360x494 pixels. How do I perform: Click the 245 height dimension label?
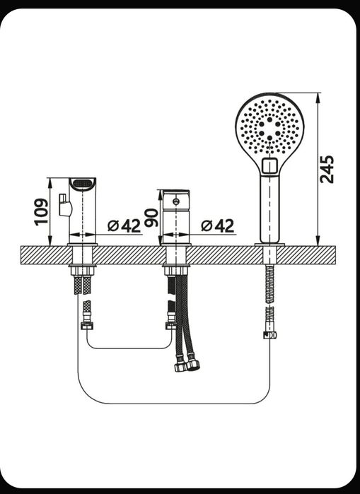(326, 169)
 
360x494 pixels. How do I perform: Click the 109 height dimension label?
(41, 212)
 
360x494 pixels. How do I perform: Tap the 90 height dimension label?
(151, 218)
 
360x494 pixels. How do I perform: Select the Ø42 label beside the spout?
(124, 225)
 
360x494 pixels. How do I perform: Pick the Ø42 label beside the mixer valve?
(218, 225)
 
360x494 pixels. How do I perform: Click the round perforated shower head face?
(269, 128)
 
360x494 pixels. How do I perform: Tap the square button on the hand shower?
(269, 165)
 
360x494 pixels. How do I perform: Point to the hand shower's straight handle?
(269, 209)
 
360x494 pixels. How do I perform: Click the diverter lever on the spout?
(65, 205)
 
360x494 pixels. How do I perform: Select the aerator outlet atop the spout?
(82, 184)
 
